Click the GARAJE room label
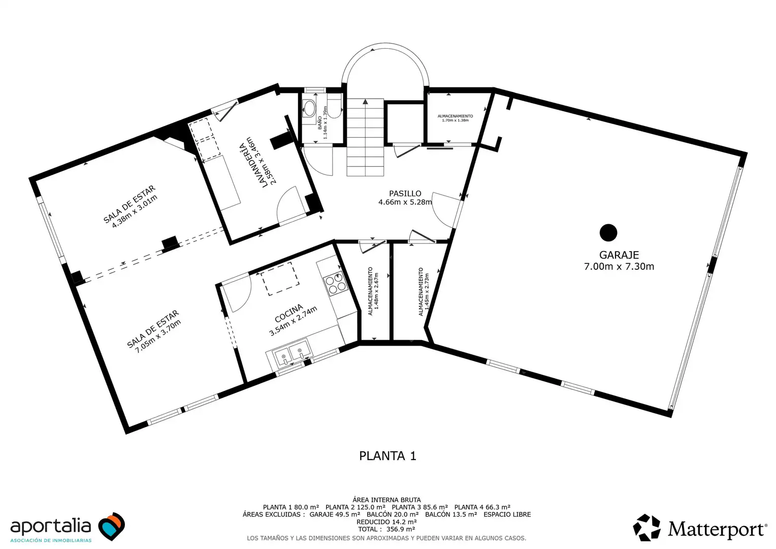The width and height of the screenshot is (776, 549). (619, 255)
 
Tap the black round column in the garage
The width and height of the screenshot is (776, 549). (608, 232)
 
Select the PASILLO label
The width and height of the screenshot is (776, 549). (405, 194)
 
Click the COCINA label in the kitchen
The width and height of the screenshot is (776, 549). (289, 313)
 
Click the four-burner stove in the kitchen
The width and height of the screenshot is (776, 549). (336, 283)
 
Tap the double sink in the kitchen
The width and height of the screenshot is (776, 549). (292, 353)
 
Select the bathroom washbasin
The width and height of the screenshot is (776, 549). (308, 108)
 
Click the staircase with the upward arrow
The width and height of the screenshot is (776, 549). (365, 137)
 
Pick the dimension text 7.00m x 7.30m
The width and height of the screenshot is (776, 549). (619, 266)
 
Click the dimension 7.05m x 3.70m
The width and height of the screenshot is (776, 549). (158, 336)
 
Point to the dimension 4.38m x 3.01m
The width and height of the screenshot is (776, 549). (135, 211)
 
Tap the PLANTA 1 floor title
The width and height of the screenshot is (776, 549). (387, 455)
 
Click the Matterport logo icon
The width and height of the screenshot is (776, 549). (646, 528)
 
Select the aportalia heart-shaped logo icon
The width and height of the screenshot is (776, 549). (112, 526)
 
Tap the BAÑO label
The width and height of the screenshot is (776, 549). (319, 123)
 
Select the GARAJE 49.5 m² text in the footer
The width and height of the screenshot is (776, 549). (335, 514)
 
